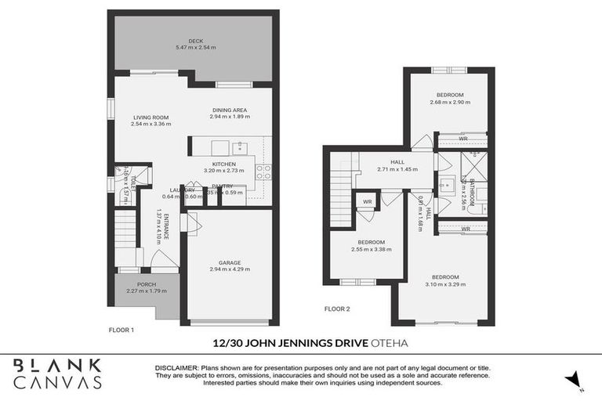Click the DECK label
pyautogui.click(x=196, y=42)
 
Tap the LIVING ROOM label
pyautogui.click(x=150, y=117)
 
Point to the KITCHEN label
pyautogui.click(x=224, y=164)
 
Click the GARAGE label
pyautogui.click(x=230, y=263)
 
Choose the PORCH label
pyautogui.click(x=147, y=284)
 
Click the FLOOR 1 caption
pyautogui.click(x=121, y=330)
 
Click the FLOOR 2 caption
pyautogui.click(x=337, y=309)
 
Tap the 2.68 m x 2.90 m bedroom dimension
pyautogui.click(x=451, y=103)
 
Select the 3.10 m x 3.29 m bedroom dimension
pyautogui.click(x=446, y=284)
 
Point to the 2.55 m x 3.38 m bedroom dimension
pyautogui.click(x=372, y=249)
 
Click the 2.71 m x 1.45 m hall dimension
pyautogui.click(x=397, y=169)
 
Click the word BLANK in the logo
pyautogui.click(x=57, y=365)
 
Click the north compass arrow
pyautogui.click(x=578, y=380)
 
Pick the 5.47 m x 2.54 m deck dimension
pyautogui.click(x=196, y=49)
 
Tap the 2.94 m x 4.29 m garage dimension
pyautogui.click(x=230, y=270)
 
